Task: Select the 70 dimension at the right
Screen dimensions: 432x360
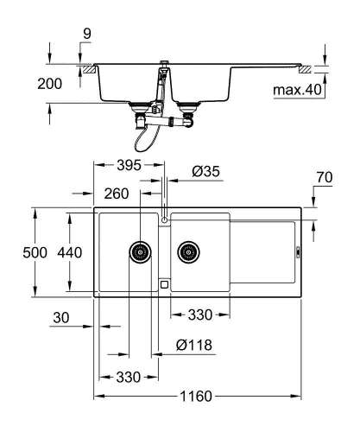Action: click(324, 178)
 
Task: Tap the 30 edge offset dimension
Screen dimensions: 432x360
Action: click(60, 319)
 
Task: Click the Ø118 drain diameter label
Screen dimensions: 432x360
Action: click(193, 345)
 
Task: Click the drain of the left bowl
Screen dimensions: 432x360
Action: click(140, 252)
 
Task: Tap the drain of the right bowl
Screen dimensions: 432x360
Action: click(187, 252)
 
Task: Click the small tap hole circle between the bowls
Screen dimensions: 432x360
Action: click(163, 221)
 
